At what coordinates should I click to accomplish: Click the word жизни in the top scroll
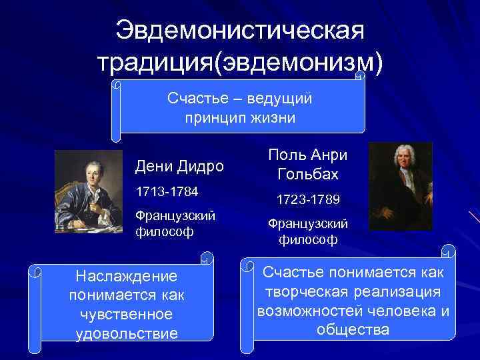pyautogui.click(x=270, y=117)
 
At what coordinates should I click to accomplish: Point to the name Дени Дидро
pyautogui.click(x=179, y=165)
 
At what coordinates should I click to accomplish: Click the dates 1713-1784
pyautogui.click(x=167, y=192)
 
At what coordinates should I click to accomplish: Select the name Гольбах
pyautogui.click(x=309, y=175)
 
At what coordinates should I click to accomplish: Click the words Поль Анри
pyautogui.click(x=309, y=155)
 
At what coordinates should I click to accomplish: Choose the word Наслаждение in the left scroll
pyautogui.click(x=126, y=275)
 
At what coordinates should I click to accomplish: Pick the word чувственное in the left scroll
pyautogui.click(x=126, y=314)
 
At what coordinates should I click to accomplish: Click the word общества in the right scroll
pyautogui.click(x=353, y=329)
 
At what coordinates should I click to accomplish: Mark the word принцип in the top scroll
pyautogui.click(x=214, y=117)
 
